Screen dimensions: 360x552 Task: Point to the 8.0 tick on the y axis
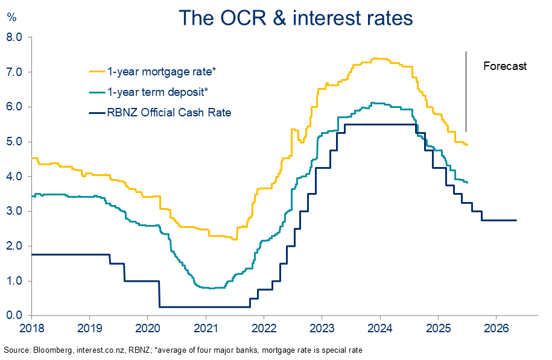click(x=15, y=37)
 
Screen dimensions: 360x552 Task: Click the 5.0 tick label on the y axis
click(x=15, y=142)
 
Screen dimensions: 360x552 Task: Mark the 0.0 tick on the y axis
click(x=15, y=316)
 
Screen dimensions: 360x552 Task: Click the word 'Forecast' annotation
click(x=505, y=66)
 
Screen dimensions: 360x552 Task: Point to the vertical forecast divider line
click(x=466, y=90)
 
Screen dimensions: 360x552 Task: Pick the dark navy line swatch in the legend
click(x=96, y=112)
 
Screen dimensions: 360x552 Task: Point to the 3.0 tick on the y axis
click(x=15, y=212)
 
